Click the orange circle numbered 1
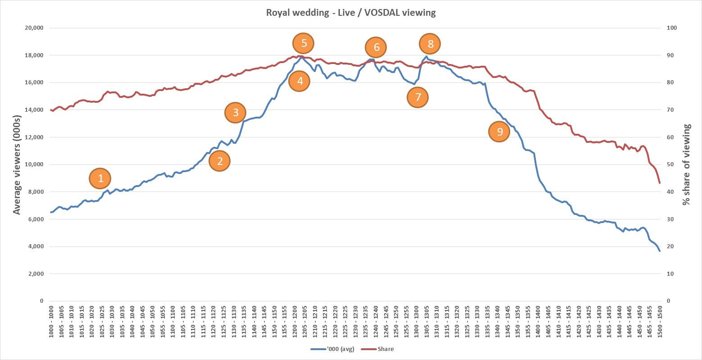coord(100,178)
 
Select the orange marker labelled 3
coord(235,113)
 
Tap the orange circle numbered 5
coord(303,43)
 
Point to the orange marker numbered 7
coord(417,97)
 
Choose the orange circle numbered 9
coord(499,132)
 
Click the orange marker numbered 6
coord(376,47)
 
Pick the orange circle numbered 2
coord(219,161)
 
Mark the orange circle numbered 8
coord(430,44)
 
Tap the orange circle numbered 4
coord(299,82)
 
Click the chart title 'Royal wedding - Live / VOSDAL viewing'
coord(351,13)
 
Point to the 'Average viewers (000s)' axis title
coord(17,164)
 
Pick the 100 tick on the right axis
coord(672,28)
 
